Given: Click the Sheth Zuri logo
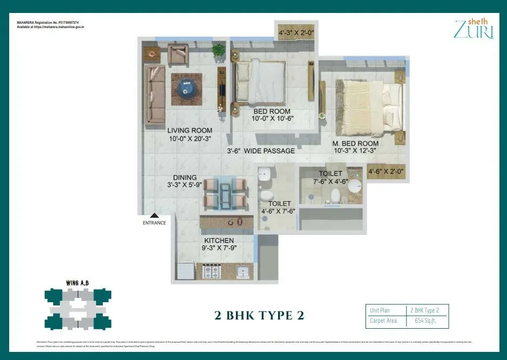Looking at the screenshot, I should tap(474, 29).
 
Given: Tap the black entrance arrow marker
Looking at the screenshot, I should tap(154, 215).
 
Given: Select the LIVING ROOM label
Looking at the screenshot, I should tap(190, 131).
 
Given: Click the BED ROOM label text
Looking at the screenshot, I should tap(272, 112).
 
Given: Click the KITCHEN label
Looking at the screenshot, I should tap(219, 240).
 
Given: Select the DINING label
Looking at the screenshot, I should tap(185, 178).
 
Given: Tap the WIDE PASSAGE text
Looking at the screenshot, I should tap(269, 151).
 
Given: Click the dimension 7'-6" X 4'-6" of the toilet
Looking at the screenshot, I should tap(330, 181).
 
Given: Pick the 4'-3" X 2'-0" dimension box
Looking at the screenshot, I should tap(296, 33).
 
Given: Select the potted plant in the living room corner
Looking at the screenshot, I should tap(219, 51).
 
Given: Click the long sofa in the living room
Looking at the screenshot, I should tap(156, 94).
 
